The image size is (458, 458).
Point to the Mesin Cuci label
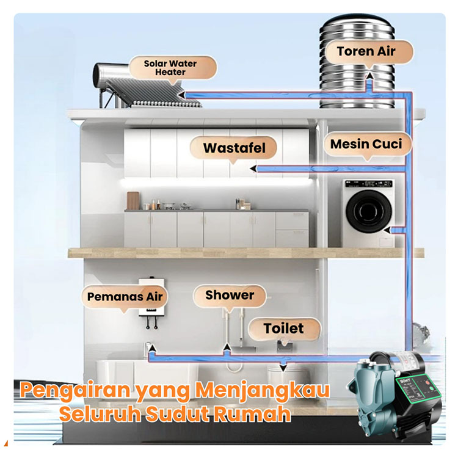coord(366,144)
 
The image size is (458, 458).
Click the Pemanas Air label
coord(125,297)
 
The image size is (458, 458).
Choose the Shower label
coord(230,296)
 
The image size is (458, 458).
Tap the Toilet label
coord(283,328)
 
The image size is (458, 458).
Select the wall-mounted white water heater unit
coord(153,299)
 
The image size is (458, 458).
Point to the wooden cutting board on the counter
coord(133,200)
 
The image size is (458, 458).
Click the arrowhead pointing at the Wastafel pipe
coord(253,168)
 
